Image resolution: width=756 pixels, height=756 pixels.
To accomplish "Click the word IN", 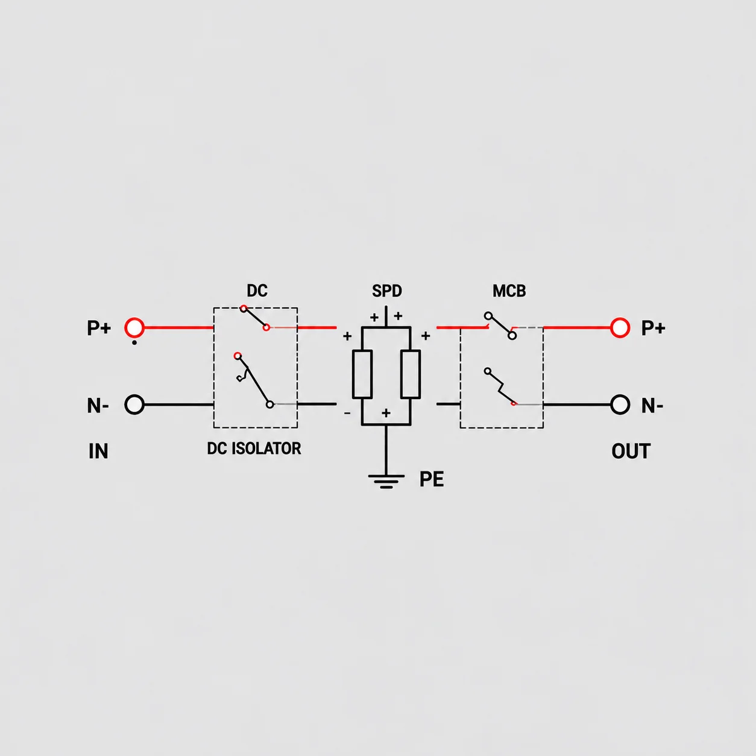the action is tap(98, 451).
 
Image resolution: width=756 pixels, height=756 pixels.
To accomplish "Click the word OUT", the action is tap(631, 451).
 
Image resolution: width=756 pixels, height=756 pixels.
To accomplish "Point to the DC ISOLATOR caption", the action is tap(254, 448).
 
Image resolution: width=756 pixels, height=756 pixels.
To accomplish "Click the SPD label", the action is tap(387, 291).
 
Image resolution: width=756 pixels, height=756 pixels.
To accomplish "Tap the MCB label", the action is tap(509, 291).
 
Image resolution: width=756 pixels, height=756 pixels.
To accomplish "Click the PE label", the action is tap(432, 479).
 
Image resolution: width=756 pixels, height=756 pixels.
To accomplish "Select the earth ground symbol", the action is tap(386, 481).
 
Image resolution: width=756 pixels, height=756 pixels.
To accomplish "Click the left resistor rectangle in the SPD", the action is tap(362, 374).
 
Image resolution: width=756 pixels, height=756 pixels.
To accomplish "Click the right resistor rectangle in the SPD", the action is tap(411, 374).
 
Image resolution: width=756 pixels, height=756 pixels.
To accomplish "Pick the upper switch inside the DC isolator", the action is tap(255, 318).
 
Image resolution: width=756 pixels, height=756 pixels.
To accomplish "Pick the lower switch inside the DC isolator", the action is tap(254, 380).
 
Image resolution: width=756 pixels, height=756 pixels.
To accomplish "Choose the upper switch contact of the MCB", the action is tap(500, 326).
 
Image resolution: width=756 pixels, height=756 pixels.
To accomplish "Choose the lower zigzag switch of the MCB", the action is tap(500, 387).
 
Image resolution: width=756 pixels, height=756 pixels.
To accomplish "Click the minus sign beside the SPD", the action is tap(347, 413).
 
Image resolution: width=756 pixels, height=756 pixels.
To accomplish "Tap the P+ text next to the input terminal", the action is tap(99, 328).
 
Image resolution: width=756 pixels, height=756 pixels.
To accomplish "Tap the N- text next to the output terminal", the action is tap(652, 406).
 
